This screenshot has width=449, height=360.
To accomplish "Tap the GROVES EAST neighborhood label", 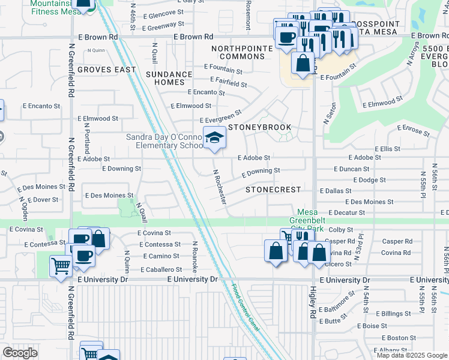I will pos(107,70).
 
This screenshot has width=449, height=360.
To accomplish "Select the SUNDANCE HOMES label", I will pos(169,79).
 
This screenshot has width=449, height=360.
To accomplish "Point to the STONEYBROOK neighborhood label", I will pos(259,128).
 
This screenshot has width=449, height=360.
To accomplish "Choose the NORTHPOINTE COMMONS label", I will pos(238,52).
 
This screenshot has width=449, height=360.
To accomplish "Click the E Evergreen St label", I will pos(220,116).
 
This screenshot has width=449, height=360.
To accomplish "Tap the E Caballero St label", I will pos(161,270).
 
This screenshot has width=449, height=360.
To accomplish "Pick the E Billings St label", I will pos(394,313).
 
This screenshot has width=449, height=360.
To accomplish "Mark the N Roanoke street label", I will pos(195,256).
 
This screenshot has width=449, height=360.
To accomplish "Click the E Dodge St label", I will pos(369,180).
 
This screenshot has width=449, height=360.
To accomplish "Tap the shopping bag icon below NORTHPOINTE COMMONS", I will pos(303,64).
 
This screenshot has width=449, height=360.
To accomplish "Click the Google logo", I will pos(20,353).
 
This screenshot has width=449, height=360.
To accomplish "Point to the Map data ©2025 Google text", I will pos(411,355).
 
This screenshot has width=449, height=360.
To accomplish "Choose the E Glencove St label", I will pos(164,13).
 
